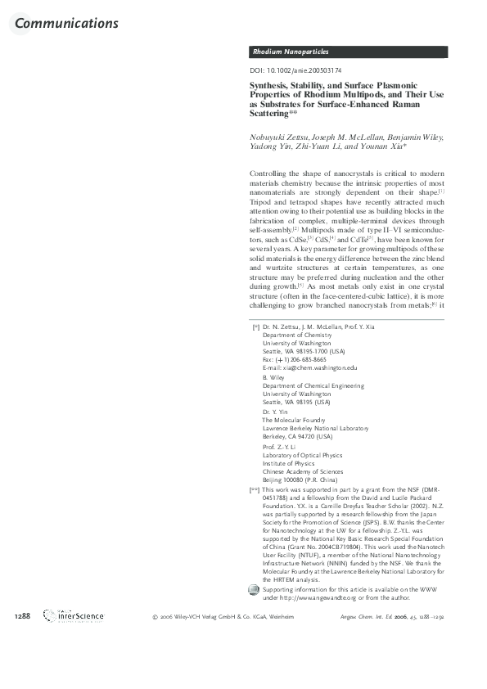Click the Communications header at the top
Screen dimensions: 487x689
click(x=66, y=23)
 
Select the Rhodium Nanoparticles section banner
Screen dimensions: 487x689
click(x=290, y=52)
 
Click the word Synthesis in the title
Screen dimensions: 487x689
click(x=272, y=86)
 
